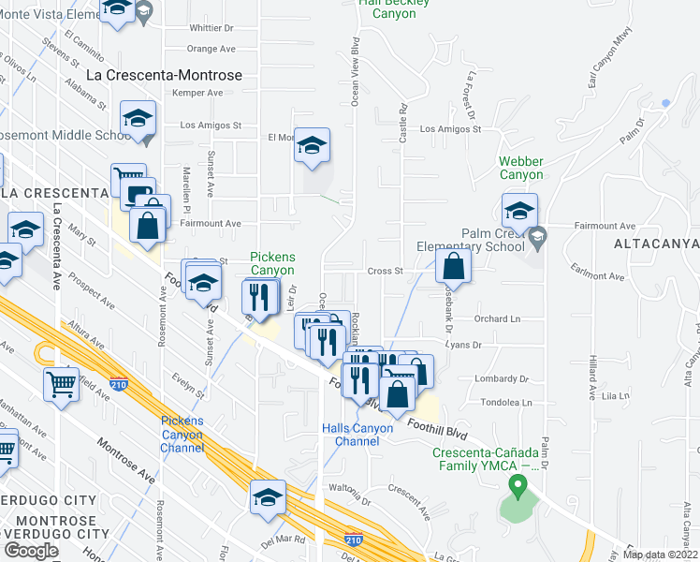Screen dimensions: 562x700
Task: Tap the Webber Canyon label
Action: coord(520,169)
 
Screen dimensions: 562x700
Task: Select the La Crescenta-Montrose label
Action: coord(164,75)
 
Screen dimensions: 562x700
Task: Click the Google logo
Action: coord(31,551)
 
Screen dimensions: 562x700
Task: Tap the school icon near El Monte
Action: coord(313,146)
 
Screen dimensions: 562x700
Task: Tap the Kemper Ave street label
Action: coord(198,93)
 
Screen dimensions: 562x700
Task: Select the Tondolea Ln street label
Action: coord(506,403)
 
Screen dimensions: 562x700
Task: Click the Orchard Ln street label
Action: coord(496,318)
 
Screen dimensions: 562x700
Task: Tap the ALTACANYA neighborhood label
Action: coord(656,244)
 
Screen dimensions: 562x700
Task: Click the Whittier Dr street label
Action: coord(211,28)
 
